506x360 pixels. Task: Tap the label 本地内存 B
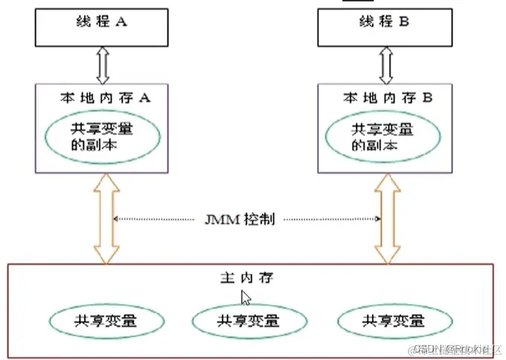click(378, 97)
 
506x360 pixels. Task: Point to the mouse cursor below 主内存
click(246, 298)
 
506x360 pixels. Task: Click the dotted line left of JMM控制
click(156, 219)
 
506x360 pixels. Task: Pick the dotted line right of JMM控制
click(331, 219)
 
